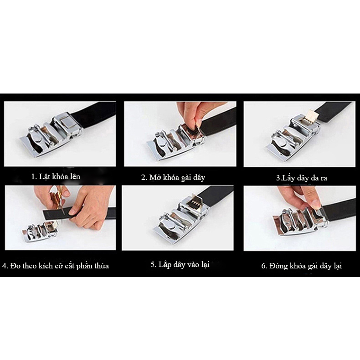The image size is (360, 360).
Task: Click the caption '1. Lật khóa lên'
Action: click(x=56, y=176)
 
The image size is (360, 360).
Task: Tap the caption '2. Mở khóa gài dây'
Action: click(x=173, y=177)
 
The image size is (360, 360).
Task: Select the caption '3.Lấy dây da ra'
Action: click(x=302, y=178)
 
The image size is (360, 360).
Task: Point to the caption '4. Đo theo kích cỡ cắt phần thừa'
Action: click(x=56, y=266)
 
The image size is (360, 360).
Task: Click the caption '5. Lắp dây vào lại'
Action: click(x=180, y=264)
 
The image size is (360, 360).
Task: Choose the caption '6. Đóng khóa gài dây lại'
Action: click(x=302, y=266)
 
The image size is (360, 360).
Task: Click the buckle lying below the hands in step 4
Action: click(x=40, y=231)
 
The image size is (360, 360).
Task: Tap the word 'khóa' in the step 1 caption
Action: click(x=60, y=176)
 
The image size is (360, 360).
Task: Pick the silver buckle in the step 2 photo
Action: click(x=175, y=141)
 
